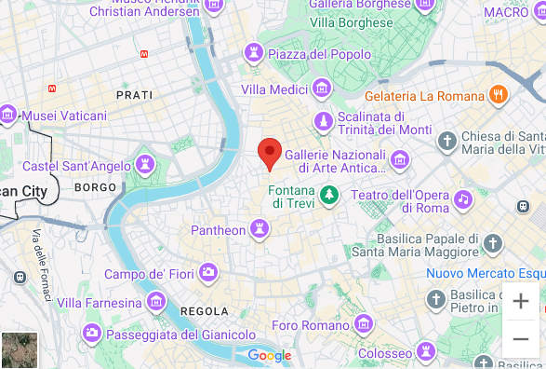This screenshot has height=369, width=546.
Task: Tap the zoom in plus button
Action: [521, 301]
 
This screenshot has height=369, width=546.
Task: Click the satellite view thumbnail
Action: [20, 349]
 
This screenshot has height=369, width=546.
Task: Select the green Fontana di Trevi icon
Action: [328, 195]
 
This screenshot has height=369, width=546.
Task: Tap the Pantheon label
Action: [218, 230]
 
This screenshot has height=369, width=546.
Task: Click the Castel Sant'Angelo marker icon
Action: [144, 165]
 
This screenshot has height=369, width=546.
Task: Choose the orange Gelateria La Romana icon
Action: [499, 95]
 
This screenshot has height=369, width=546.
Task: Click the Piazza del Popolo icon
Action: [253, 54]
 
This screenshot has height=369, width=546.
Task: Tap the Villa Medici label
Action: [275, 89]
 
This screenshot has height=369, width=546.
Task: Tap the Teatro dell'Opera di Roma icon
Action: [462, 198]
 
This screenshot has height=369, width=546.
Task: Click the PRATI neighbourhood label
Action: [134, 95]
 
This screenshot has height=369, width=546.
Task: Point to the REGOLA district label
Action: [204, 311]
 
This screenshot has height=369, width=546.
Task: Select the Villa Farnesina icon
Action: [156, 303]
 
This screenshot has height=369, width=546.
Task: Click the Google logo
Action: [270, 355]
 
